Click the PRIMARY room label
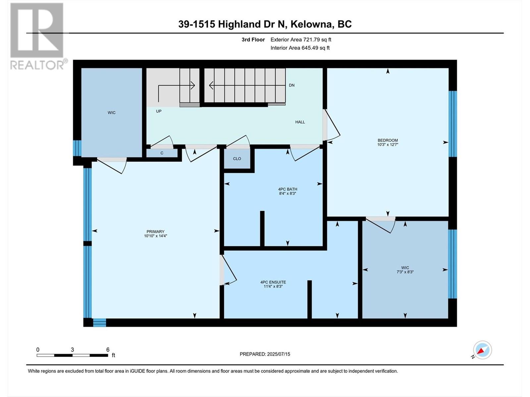pos(155,232)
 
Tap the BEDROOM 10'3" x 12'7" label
pos(388,142)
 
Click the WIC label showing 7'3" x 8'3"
pos(405,270)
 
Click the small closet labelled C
pos(162,153)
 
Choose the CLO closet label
pos(237,159)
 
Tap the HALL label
pos(300,122)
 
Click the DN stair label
pos(291,85)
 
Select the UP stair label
pos(159,111)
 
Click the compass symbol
pos(482,350)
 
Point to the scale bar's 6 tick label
pos(108,350)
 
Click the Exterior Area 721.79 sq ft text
pos(301,40)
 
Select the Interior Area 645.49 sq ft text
pos(300,48)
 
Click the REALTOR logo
pos(37,36)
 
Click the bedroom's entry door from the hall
pos(332,126)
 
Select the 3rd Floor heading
pos(253,40)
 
